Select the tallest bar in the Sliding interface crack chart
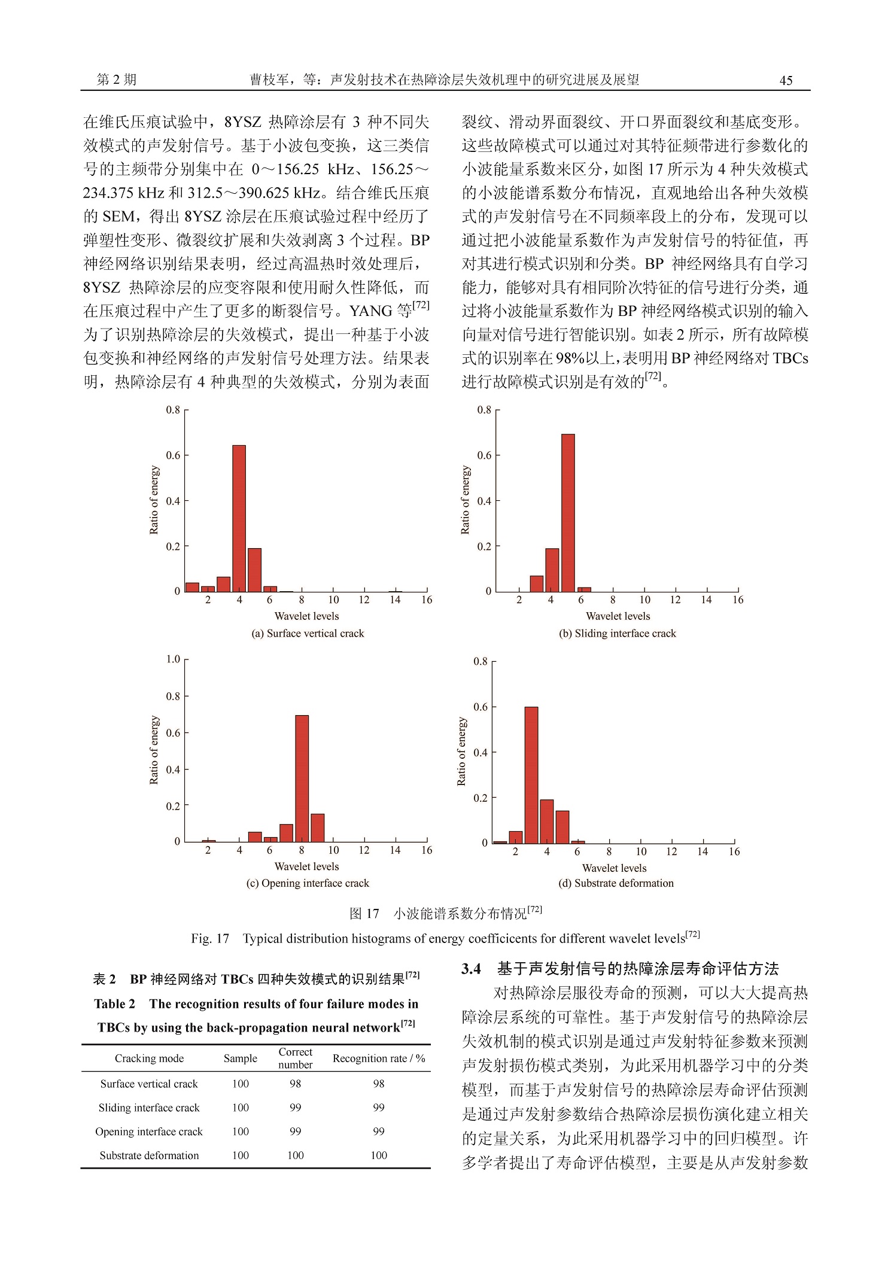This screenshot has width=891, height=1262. pyautogui.click(x=567, y=513)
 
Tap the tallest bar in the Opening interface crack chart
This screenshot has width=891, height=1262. pyautogui.click(x=302, y=778)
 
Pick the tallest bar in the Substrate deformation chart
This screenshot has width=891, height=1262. pyautogui.click(x=531, y=775)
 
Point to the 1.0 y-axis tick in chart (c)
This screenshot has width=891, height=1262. pyautogui.click(x=173, y=659)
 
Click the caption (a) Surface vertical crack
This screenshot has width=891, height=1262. pyautogui.click(x=307, y=633)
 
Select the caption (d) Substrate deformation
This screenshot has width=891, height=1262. pyautogui.click(x=616, y=883)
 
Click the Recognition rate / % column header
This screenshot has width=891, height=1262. pyautogui.click(x=379, y=1059)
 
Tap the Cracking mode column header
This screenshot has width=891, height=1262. pyautogui.click(x=149, y=1059)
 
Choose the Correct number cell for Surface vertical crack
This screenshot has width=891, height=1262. pyautogui.click(x=295, y=1084)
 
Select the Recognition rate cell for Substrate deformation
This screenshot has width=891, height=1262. pyautogui.click(x=379, y=1155)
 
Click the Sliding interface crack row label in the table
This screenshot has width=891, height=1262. pyautogui.click(x=149, y=1108)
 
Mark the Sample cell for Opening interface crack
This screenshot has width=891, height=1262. pyautogui.click(x=240, y=1132)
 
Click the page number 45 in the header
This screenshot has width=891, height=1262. pyautogui.click(x=786, y=81)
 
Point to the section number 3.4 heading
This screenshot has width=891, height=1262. pyautogui.click(x=471, y=970)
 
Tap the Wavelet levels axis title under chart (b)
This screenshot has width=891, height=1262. pyautogui.click(x=618, y=616)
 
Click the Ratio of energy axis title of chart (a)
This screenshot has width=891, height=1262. pyautogui.click(x=154, y=500)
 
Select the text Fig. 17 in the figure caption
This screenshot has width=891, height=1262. pyautogui.click(x=210, y=939)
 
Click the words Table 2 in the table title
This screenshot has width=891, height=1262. pyautogui.click(x=114, y=1004)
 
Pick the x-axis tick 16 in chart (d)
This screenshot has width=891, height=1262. pyautogui.click(x=734, y=852)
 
